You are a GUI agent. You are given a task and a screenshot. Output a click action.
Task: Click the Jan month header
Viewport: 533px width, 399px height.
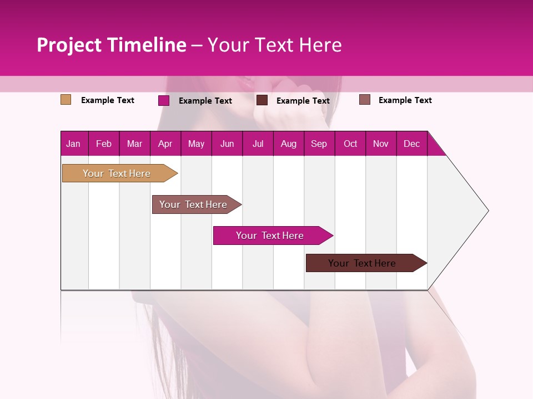73,144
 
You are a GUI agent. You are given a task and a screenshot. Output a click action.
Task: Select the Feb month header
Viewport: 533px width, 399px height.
104,144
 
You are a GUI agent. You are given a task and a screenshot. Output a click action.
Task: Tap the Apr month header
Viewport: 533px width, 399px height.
165,144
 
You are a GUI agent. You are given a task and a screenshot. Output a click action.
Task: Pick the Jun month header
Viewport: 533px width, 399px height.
227,144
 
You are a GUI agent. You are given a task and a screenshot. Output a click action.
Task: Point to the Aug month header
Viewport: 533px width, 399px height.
288,144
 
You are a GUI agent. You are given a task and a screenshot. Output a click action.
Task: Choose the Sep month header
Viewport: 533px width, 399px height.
319,144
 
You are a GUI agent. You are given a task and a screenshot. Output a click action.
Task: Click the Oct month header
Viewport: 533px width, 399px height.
350,144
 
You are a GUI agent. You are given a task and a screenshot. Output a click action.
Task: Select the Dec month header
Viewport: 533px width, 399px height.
411,144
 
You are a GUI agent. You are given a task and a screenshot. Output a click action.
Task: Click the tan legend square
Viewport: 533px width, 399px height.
66,100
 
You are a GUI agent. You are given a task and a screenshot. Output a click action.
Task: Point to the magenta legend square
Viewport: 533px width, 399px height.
163,100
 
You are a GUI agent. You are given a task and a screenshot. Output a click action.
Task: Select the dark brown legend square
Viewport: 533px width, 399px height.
262,100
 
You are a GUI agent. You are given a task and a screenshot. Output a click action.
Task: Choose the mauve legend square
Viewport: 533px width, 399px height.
364,100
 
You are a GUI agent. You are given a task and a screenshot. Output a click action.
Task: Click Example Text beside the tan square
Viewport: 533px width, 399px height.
108,100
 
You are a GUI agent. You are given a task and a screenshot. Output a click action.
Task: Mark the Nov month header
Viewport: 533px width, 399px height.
381,144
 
